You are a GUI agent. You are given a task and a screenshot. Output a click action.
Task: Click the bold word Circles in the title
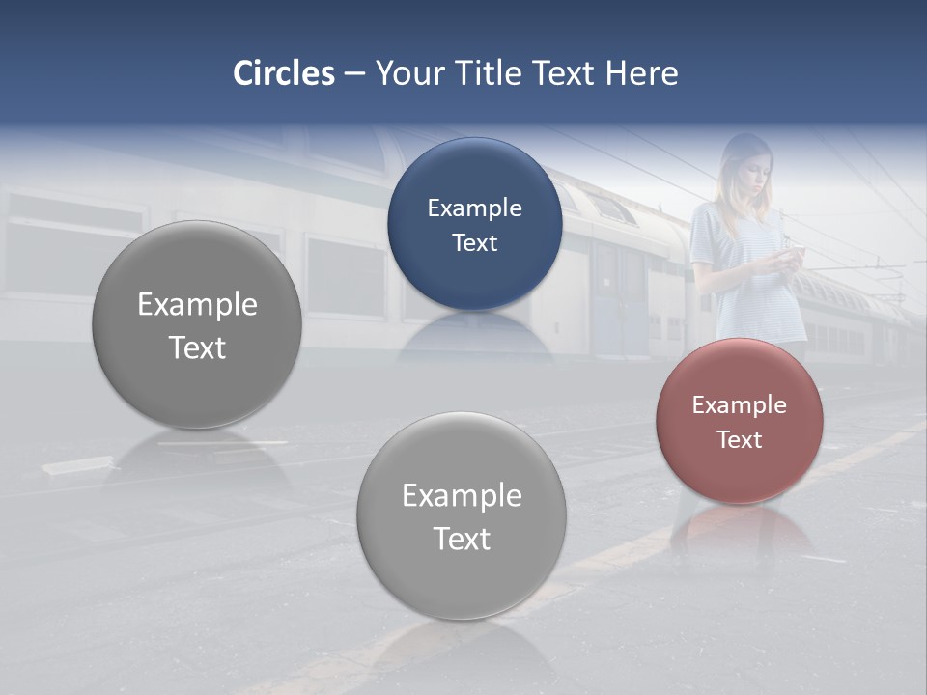[x=283, y=73]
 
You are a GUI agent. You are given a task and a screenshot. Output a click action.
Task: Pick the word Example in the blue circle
[x=474, y=208]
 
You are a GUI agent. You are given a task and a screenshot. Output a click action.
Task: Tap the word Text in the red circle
[x=740, y=439]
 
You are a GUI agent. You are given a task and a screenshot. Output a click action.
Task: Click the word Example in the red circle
[x=740, y=404]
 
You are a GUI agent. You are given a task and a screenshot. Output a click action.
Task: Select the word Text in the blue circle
[x=474, y=242]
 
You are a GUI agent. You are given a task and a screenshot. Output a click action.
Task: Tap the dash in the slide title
[x=354, y=73]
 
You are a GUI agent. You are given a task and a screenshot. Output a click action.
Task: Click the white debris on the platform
[x=77, y=465]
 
